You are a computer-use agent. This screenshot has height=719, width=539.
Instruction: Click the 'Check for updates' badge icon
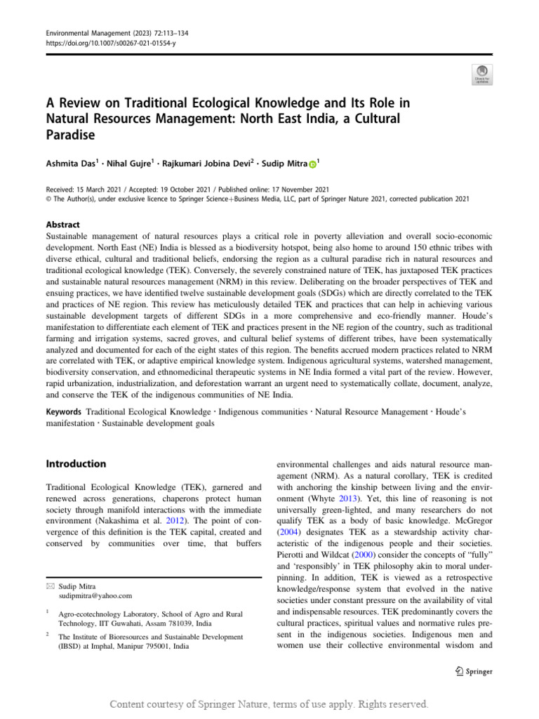484,74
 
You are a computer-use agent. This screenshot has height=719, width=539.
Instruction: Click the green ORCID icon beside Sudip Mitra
312,164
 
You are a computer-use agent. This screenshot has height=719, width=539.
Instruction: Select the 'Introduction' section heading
76,464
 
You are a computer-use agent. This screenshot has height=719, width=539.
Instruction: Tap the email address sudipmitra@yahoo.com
95,595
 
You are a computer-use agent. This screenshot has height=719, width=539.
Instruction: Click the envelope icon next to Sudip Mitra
49,586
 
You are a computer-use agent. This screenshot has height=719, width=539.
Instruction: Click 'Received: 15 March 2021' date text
86,188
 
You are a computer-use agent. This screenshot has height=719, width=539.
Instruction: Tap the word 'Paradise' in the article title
70,134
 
